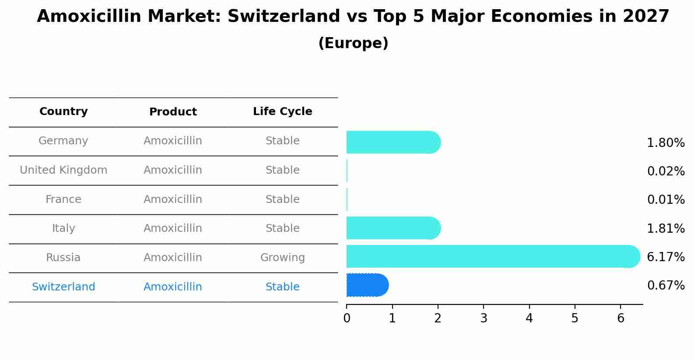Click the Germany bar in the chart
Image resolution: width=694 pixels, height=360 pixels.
point(393,142)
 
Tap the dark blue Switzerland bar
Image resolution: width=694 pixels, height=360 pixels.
point(367,285)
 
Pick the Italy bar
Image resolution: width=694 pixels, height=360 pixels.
point(393,228)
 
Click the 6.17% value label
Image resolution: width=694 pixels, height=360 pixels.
point(666,257)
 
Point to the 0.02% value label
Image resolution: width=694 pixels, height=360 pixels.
point(666,171)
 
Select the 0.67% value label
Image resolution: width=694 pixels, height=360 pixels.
point(666,286)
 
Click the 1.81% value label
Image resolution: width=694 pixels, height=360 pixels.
point(666,228)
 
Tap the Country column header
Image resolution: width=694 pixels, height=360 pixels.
point(63,112)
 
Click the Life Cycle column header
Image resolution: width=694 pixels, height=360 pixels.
point(282,112)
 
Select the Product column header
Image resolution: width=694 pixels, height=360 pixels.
point(173,112)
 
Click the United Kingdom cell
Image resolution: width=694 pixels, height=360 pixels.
point(63,170)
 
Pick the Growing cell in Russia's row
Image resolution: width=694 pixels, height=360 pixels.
point(282,258)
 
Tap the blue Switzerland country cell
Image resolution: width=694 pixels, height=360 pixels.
point(63,287)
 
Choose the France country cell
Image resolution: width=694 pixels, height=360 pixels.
point(63,199)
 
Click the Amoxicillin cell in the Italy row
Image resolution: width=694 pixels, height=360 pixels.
point(173,228)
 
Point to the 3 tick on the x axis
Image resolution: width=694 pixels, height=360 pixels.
point(484,318)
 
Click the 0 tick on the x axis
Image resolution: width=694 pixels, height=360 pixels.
point(347,318)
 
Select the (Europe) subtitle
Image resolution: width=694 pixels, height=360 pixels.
point(353,43)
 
